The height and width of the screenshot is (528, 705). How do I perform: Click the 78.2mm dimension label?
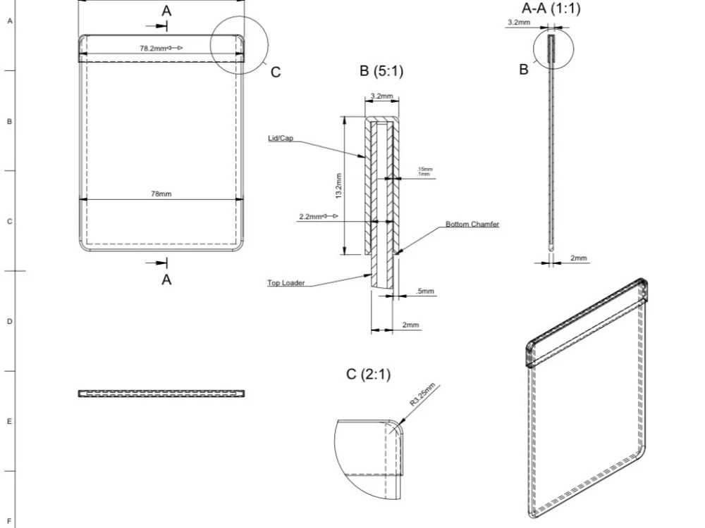[152, 49]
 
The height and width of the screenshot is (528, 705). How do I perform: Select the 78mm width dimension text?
[161, 194]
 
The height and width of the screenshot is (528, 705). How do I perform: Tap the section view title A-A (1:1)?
[551, 8]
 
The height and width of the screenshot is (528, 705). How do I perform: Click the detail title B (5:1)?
[381, 71]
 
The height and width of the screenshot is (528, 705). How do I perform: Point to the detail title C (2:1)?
[368, 375]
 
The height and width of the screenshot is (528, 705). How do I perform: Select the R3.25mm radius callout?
[424, 394]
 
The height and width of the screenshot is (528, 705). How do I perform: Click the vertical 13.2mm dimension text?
[338, 185]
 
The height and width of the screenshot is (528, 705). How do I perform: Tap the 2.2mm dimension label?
[310, 217]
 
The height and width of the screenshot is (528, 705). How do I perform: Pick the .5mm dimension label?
[425, 291]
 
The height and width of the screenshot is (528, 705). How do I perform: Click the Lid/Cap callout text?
[280, 139]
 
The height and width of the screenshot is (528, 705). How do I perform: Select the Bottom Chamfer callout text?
[472, 225]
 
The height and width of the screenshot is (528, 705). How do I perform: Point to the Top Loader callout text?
[286, 284]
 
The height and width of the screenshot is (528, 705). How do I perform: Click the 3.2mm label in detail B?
[381, 96]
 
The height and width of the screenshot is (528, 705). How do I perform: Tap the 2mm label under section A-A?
[578, 258]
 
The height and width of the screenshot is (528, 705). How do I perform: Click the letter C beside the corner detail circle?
[276, 72]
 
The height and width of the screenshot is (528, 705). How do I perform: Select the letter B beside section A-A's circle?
[524, 70]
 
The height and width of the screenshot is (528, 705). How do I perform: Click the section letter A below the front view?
[166, 279]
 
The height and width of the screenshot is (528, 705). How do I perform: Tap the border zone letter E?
[9, 422]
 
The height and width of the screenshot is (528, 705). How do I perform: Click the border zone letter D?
[9, 321]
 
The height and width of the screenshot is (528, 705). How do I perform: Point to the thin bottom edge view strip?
[161, 394]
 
